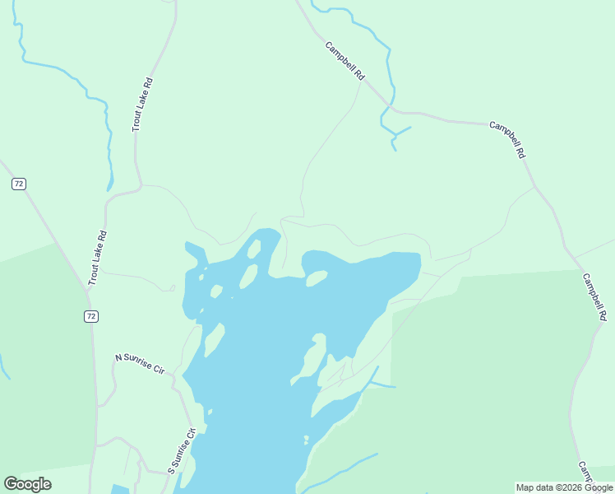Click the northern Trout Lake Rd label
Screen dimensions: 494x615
click(x=142, y=105)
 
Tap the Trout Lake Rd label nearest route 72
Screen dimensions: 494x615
click(x=97, y=258)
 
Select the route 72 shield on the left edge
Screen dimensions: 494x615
click(x=19, y=184)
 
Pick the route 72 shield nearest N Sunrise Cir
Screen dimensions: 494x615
click(x=90, y=316)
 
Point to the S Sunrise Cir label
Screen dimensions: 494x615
click(x=182, y=450)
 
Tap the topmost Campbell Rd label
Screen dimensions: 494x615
click(x=344, y=60)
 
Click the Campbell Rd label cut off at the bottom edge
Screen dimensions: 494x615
click(x=585, y=473)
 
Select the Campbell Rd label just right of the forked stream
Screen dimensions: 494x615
click(x=507, y=140)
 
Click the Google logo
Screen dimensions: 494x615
click(x=27, y=484)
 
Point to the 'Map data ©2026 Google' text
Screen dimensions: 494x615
click(x=565, y=487)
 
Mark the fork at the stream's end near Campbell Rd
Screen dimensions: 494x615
click(x=395, y=135)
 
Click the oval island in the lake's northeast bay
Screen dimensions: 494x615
click(x=317, y=279)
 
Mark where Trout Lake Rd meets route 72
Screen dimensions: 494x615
click(x=87, y=289)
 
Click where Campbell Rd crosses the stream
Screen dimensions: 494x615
click(x=387, y=104)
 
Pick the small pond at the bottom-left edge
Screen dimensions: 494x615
click(x=120, y=490)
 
